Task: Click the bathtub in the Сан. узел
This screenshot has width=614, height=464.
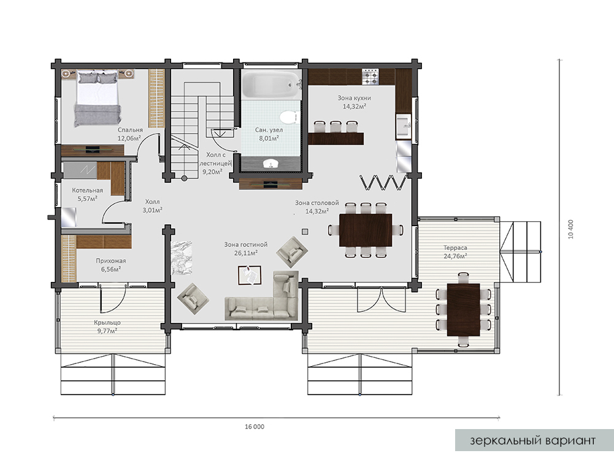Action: pyautogui.click(x=271, y=85)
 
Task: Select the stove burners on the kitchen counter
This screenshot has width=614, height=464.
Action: pyautogui.click(x=370, y=77)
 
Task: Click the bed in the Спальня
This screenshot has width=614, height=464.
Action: pyautogui.click(x=98, y=98)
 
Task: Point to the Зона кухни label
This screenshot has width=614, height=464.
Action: pyautogui.click(x=354, y=98)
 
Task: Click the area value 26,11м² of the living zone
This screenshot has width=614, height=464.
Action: pyautogui.click(x=246, y=253)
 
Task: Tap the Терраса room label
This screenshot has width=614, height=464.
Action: pyautogui.click(x=455, y=248)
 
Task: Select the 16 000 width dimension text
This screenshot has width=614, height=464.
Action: pyautogui.click(x=255, y=427)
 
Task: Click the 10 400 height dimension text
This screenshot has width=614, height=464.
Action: pyautogui.click(x=570, y=229)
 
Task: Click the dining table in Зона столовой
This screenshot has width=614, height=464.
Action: pyautogui.click(x=366, y=230)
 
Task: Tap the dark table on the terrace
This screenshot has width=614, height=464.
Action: pyautogui.click(x=464, y=310)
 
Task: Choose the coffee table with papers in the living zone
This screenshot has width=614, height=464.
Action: pyautogui.click(x=250, y=275)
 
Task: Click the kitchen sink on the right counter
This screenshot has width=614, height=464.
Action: pyautogui.click(x=404, y=126)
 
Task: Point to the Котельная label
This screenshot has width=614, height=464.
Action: pyautogui.click(x=87, y=191)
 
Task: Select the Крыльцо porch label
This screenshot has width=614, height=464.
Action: pyautogui.click(x=107, y=323)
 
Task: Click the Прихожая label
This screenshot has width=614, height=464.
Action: pyautogui.click(x=111, y=261)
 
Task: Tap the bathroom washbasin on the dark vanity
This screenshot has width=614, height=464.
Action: pyautogui.click(x=270, y=164)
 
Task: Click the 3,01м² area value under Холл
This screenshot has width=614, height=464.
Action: pyautogui.click(x=152, y=210)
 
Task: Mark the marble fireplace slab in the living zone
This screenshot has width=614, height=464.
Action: pyautogui.click(x=182, y=257)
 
